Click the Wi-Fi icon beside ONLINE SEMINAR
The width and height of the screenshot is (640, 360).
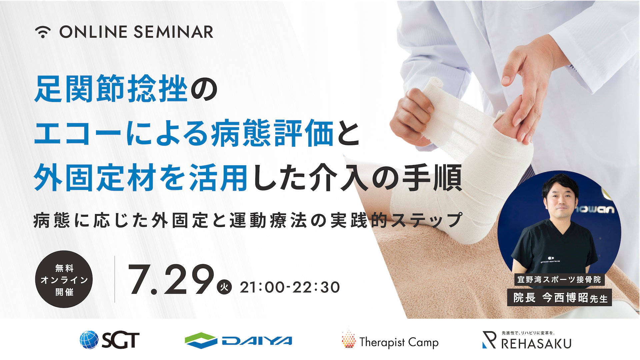[x=43, y=32]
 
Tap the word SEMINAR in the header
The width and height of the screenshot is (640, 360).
[x=173, y=32]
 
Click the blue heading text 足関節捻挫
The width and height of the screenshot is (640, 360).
[x=111, y=89]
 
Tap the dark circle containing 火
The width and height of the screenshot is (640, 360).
[x=225, y=287]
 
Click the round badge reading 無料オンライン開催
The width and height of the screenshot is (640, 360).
[x=64, y=279]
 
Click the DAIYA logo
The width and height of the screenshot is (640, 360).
[x=239, y=340]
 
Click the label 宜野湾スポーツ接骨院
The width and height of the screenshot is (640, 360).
[x=559, y=279]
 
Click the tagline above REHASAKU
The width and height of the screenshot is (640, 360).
[x=528, y=333]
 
